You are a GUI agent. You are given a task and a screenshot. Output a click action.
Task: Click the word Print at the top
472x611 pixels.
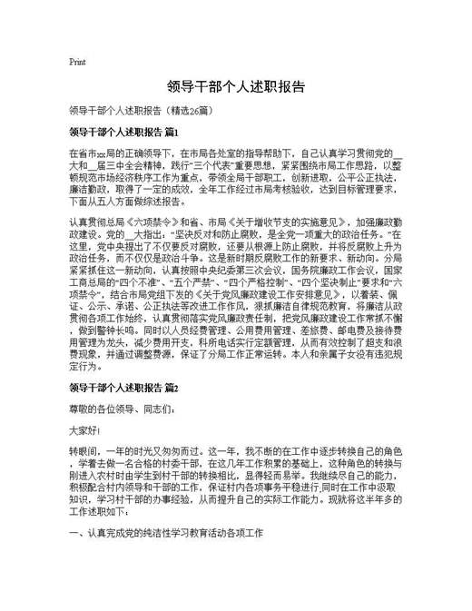point(77,62)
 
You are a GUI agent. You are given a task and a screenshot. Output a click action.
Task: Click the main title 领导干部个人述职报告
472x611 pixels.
point(235,88)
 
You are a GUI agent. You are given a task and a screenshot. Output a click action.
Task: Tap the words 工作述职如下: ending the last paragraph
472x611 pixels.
point(98,511)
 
